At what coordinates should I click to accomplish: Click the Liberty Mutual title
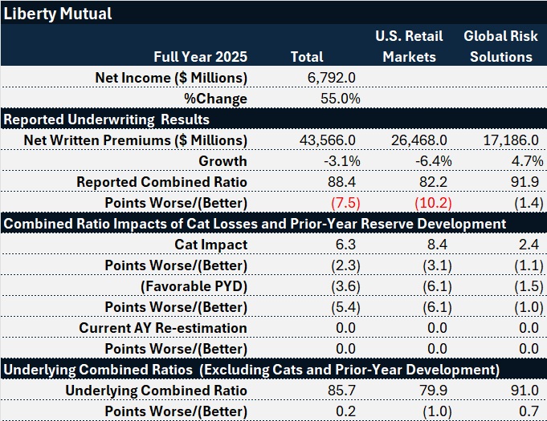pos(57,14)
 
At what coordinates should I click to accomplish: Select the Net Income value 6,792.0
pos(333,78)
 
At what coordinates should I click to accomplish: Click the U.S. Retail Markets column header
pos(409,47)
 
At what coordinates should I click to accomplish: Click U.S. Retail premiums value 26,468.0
pos(418,140)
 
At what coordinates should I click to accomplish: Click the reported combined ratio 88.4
pos(343,182)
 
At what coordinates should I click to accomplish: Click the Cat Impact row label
pos(210,245)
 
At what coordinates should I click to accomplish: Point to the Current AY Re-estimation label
pos(163,328)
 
